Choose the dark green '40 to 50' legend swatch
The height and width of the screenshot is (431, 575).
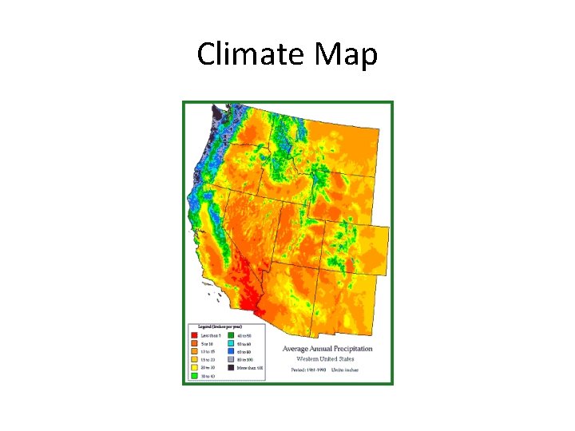pos(232,334)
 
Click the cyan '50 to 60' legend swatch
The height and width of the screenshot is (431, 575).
pos(232,342)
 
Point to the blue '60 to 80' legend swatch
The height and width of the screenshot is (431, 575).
pos(232,350)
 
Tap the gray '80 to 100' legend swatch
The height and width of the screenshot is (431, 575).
pos(232,359)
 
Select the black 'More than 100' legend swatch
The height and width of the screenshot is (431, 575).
pos(232,367)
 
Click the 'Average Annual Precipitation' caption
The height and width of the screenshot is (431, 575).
pos(328,349)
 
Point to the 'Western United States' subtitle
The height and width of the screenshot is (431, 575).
pos(328,358)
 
